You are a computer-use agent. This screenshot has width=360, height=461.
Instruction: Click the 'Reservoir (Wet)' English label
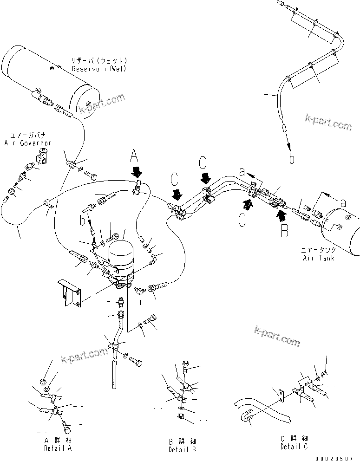(99, 69)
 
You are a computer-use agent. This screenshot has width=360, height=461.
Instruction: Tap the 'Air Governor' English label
(27, 143)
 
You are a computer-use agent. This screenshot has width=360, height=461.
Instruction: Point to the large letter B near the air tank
(284, 231)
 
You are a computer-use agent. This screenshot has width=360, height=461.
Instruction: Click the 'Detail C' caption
(294, 446)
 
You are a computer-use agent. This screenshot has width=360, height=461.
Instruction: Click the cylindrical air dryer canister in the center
(121, 258)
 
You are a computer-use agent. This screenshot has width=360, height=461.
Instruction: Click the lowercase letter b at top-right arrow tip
(291, 159)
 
